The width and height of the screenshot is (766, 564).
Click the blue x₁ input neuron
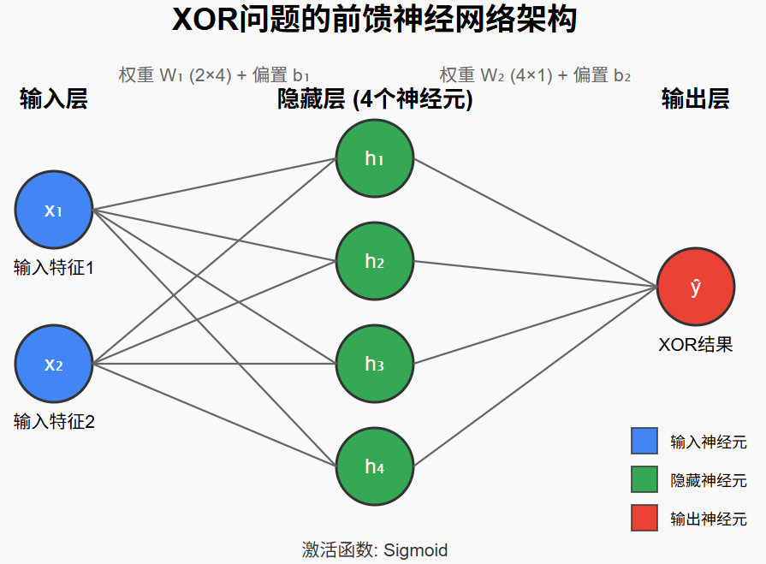[x=53, y=210]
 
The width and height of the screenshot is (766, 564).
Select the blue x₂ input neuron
[x=53, y=365]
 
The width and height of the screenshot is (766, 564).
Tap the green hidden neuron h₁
[x=375, y=158]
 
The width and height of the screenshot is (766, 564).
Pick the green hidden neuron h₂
[x=375, y=261]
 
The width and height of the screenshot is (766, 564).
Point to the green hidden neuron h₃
[x=375, y=364]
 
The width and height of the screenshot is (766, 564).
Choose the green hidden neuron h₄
[x=375, y=466]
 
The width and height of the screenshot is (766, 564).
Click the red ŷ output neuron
[x=696, y=287]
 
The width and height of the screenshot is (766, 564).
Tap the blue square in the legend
[x=644, y=441]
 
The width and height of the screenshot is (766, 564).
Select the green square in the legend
[x=644, y=479]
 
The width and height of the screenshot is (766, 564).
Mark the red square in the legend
[x=644, y=518]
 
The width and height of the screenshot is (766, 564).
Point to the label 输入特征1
[x=53, y=268]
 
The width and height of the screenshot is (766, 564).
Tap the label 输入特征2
[x=53, y=421]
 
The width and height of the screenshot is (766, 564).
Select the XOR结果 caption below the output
[x=696, y=345]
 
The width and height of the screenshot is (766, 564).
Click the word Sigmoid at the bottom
[x=415, y=549]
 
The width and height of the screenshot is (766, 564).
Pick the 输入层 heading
[x=53, y=99]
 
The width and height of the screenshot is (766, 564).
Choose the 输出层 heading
[x=696, y=99]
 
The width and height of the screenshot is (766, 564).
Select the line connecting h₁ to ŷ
[x=535, y=223]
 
